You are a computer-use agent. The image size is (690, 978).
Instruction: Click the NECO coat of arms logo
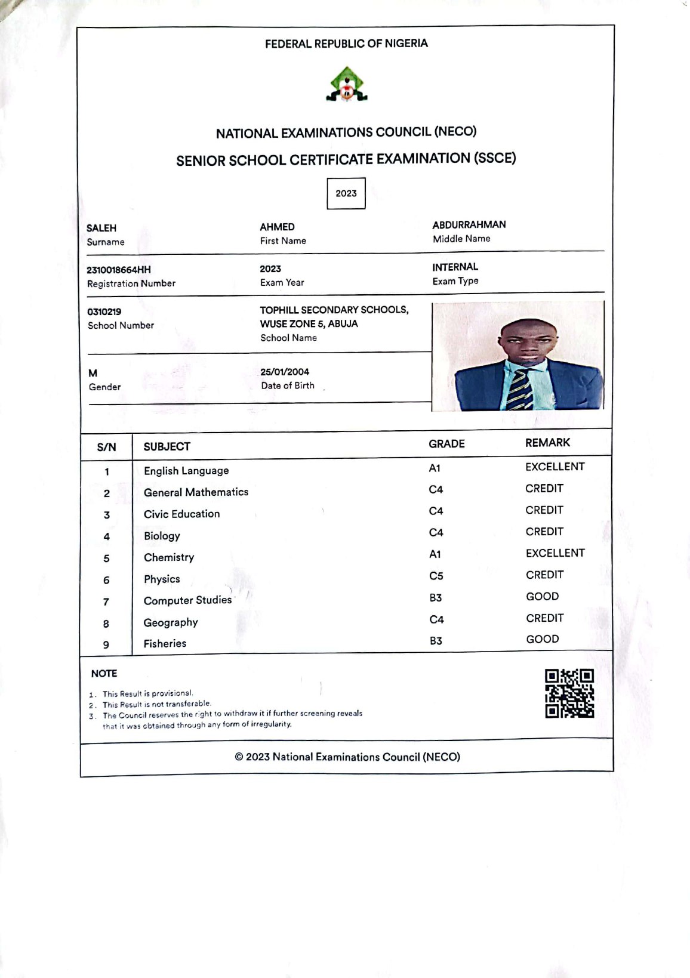tap(346, 84)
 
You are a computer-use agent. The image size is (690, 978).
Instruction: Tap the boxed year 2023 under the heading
tap(346, 193)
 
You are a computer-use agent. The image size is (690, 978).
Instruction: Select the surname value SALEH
tap(101, 228)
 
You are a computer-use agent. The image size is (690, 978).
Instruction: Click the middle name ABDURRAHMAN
tap(469, 224)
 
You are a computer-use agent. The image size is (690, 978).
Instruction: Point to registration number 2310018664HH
tap(119, 270)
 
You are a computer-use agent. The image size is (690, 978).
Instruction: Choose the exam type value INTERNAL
tap(455, 267)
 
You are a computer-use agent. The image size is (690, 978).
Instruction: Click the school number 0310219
tap(104, 311)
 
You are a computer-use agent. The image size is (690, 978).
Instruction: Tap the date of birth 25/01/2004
tap(285, 372)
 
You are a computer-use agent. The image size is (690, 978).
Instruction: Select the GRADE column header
tap(446, 444)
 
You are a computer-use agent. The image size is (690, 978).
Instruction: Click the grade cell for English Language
tap(435, 468)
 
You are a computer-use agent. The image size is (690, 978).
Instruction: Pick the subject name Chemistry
tap(169, 557)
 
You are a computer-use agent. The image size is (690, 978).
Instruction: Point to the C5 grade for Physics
tap(436, 576)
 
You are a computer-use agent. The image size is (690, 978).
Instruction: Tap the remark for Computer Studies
tap(543, 596)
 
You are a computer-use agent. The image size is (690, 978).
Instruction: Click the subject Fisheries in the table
tap(165, 643)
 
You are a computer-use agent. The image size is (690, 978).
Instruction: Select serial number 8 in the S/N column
tap(106, 624)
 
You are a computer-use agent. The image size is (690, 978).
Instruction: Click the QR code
tap(569, 693)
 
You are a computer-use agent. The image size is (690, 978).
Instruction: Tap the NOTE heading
tap(104, 674)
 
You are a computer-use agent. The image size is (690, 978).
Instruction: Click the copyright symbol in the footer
tap(239, 757)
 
